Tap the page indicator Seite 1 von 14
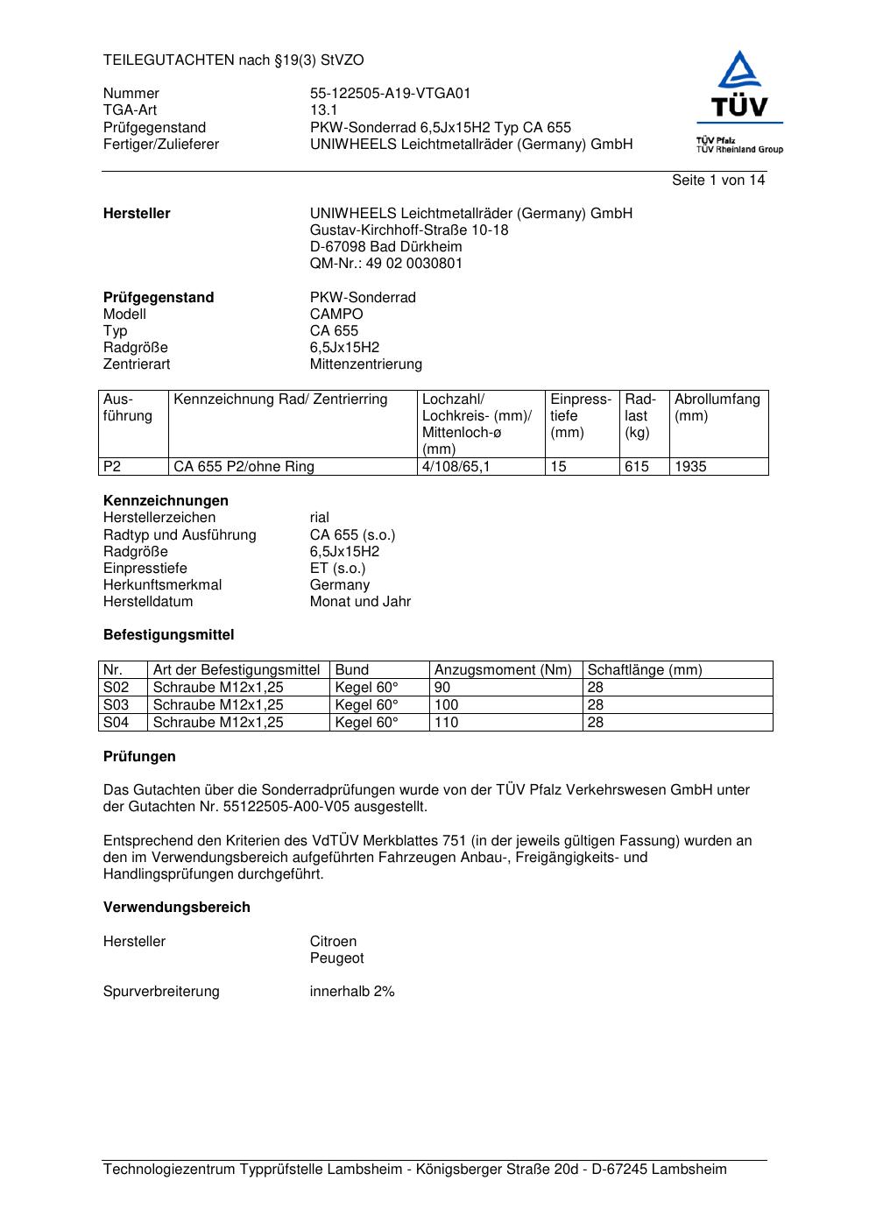[x=718, y=180]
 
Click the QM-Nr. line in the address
[x=386, y=264]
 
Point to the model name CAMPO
[x=336, y=315]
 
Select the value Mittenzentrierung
[x=365, y=364]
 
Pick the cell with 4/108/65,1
[x=456, y=467]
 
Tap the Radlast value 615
[x=637, y=467]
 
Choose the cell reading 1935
[x=690, y=467]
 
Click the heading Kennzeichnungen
[x=166, y=501]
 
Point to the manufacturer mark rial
[x=320, y=518]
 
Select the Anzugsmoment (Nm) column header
[x=503, y=670]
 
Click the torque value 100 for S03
[x=447, y=705]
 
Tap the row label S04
[x=117, y=723]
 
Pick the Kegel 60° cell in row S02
[x=366, y=688]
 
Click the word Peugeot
[x=336, y=958]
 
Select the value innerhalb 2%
[x=352, y=992]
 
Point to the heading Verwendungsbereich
[x=177, y=908]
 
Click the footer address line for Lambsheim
[x=415, y=1170]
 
